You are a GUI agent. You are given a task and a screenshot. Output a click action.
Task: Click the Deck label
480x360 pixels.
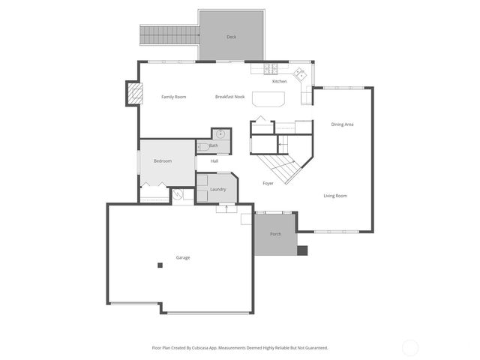pos(232,37)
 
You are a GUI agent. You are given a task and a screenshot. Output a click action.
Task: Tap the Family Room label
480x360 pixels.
pos(174,97)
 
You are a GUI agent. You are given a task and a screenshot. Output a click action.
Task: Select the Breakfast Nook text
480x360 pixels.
pos(229,97)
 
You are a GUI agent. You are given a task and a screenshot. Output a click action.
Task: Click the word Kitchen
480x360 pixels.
pos(279,81)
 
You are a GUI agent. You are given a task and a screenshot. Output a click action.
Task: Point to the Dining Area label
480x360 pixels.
pos(342,124)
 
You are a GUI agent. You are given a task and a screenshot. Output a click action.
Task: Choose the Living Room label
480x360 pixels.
pos(335,196)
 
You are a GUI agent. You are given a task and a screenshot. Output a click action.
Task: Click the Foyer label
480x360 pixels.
pos(268,183)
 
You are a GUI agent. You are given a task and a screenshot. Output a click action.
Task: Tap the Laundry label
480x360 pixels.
pos(218,189)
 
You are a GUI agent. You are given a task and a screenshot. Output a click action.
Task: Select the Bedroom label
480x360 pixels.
pos(163,161)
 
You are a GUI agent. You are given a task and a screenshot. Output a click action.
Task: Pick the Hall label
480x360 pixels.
pos(214,160)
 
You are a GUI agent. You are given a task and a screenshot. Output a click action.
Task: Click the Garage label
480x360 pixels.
pos(183,257)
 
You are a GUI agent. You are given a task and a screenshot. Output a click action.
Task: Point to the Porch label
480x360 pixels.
pos(276,234)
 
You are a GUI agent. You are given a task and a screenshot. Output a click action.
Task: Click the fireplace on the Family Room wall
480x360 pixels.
pos(133,94)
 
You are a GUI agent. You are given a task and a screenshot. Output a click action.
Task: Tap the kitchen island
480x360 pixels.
pos(268,99)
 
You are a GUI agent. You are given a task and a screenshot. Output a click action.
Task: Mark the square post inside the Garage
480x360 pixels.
pos(160,265)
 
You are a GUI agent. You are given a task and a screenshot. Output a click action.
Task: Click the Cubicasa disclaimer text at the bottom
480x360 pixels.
pos(240,347)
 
